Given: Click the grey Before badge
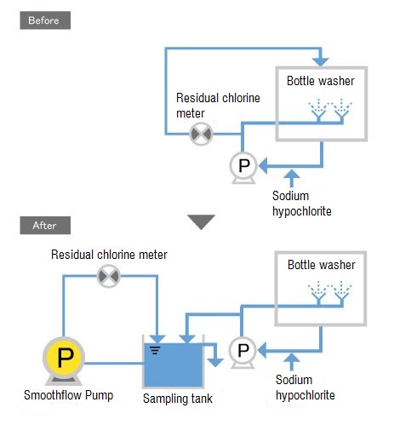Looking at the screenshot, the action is (x=45, y=20).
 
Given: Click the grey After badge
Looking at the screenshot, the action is (x=45, y=225).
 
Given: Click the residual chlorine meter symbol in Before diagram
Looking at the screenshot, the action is (x=201, y=134).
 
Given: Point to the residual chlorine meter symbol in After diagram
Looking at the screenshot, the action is (x=109, y=276).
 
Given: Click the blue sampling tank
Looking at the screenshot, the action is (x=174, y=365).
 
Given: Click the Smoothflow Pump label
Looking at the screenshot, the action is (x=68, y=395).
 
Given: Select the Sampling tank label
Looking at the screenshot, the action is (x=178, y=399).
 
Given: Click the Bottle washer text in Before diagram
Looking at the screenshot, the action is (x=321, y=81).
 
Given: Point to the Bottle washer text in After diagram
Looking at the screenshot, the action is (x=322, y=265).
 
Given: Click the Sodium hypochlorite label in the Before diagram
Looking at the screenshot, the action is (x=302, y=204).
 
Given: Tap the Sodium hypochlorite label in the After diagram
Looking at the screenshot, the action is (x=305, y=388).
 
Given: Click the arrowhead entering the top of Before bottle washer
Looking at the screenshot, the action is (x=321, y=61).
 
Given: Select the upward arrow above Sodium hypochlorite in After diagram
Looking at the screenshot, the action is (x=291, y=362).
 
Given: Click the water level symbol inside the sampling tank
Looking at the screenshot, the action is (x=156, y=350).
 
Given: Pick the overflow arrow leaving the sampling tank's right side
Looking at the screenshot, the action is (x=212, y=354).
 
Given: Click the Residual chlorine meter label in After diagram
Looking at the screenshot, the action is (x=109, y=255).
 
